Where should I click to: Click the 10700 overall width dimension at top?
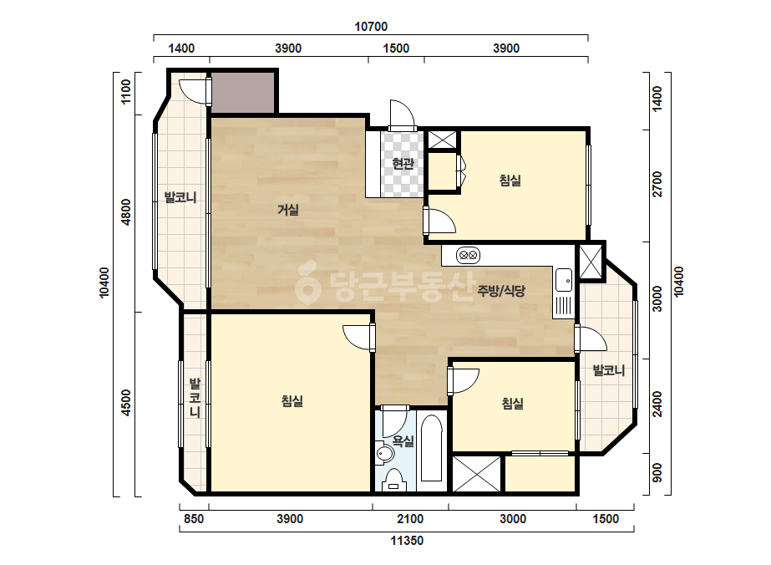pos(371,27)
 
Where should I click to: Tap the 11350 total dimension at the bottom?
pos(407,541)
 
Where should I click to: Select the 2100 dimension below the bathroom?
pos(410,519)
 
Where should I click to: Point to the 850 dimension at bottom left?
pos(194,519)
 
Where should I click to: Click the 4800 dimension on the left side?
pos(126,212)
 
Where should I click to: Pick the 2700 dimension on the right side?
pos(657,185)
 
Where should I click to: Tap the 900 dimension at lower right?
pos(657,473)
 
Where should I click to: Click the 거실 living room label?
pos(288,210)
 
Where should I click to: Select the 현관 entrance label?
pos(403,163)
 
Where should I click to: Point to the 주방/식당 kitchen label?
pos(501,291)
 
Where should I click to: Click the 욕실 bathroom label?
pos(403,441)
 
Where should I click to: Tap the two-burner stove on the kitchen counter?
pos(468,256)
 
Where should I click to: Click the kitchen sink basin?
pos(564,280)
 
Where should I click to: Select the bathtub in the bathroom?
pos(431,448)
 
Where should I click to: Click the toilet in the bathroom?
pos(393,481)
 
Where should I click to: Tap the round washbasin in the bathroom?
pos(384,453)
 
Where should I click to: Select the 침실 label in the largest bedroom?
pos(292,402)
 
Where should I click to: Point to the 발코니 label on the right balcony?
pos(609,370)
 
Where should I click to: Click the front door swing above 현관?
pos(403,115)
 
